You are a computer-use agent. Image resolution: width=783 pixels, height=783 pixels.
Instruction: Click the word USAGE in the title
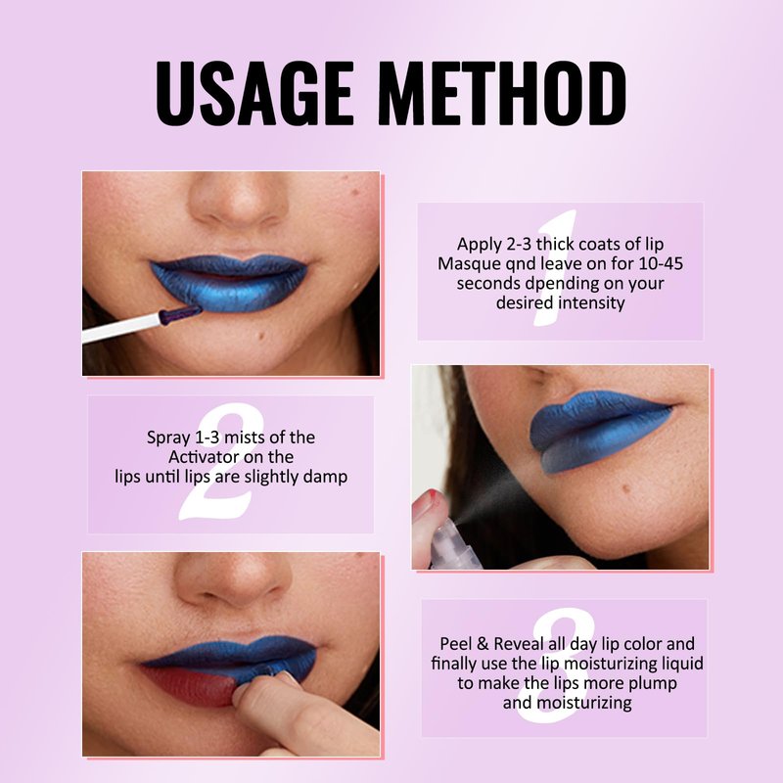255,93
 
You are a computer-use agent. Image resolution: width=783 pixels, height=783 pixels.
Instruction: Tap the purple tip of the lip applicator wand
180,314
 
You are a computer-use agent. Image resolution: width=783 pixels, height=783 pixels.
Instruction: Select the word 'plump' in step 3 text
653,684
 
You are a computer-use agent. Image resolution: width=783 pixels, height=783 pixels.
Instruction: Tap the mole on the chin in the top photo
260,335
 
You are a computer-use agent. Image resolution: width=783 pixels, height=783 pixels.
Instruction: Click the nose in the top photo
239,200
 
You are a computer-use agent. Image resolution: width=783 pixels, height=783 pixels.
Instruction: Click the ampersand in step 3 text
482,644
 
